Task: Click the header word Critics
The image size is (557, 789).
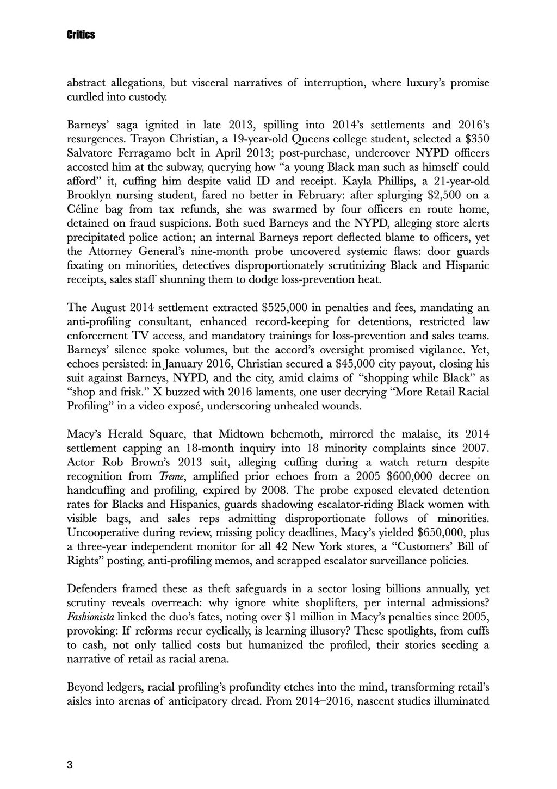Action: click(81, 35)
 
